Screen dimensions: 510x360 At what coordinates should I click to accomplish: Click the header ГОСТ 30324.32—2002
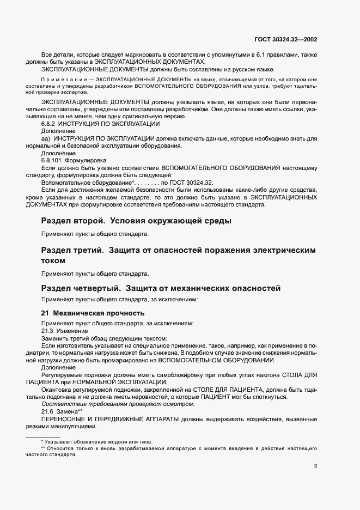point(293,39)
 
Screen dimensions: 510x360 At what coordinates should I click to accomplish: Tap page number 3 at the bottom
point(315,466)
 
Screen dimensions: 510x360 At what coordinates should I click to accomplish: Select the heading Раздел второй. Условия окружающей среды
point(136,221)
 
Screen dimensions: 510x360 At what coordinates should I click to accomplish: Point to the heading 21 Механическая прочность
point(93,313)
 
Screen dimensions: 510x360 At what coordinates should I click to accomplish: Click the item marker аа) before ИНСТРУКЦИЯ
point(46,139)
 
